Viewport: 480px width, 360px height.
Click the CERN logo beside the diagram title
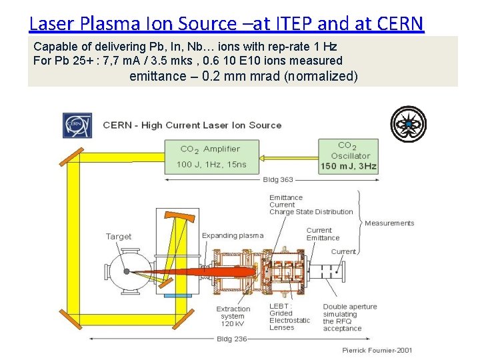coord(77,125)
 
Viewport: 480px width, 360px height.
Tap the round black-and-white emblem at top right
coord(408,125)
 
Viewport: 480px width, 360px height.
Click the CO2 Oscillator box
coord(348,156)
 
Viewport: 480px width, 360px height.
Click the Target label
coord(119,237)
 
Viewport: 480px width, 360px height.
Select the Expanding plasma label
coord(233,235)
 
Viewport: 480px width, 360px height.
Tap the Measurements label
coord(389,223)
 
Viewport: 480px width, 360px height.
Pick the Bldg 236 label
coord(231,339)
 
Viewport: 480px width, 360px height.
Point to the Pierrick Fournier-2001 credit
coord(377,350)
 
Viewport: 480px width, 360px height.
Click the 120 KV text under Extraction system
coord(232,324)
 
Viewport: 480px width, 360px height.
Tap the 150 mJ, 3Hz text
coord(348,166)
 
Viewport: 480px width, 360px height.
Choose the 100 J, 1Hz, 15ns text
coord(211,165)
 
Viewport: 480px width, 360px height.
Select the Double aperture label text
coord(350,307)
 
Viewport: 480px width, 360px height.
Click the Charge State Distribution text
coord(311,212)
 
